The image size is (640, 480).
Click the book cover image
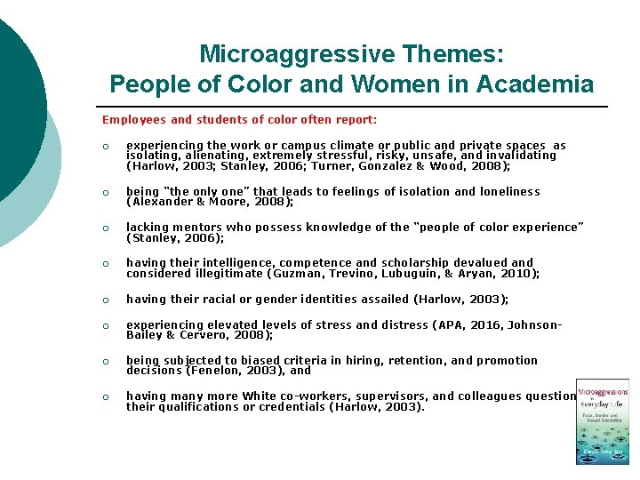603,422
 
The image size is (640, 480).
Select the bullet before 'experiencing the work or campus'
106,147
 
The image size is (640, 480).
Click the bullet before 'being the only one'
106,192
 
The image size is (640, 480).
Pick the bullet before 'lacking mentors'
106,228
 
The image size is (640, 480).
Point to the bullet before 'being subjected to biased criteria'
106,362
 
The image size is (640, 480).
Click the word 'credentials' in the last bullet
290,407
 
